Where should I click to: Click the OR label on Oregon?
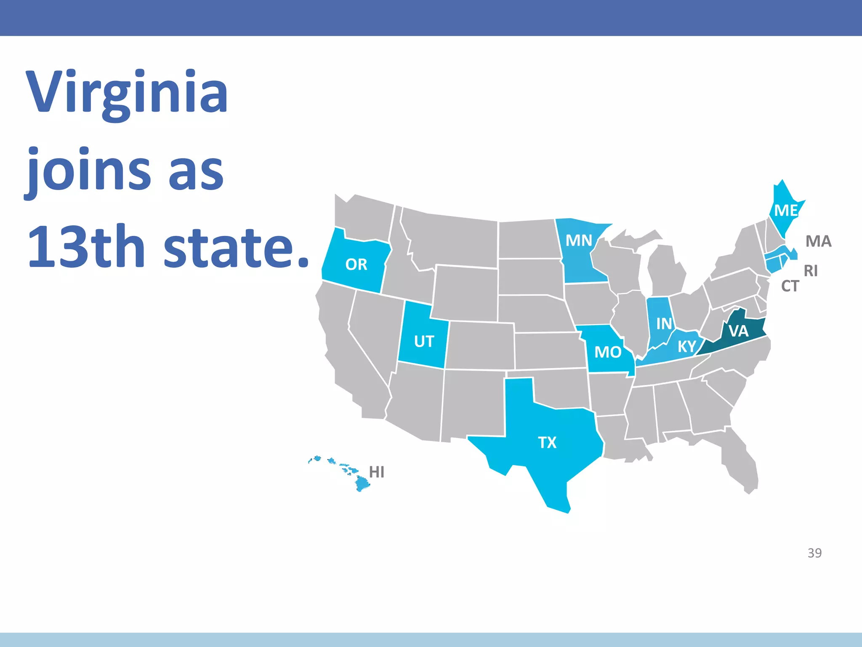pos(356,265)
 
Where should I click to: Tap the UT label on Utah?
pos(424,342)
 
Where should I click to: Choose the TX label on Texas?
pos(547,443)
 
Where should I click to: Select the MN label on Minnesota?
pos(579,241)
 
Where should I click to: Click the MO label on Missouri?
pos(608,352)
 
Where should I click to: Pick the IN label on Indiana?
pos(664,323)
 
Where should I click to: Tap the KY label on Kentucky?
pos(687,347)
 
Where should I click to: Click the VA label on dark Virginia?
pos(739,331)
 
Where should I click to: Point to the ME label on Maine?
pos(786,210)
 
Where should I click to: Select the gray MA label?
pos(818,241)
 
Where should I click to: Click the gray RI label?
pos(811,271)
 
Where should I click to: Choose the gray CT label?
pos(790,286)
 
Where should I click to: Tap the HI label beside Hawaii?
pos(377,472)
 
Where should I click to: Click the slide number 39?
pos(814,553)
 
